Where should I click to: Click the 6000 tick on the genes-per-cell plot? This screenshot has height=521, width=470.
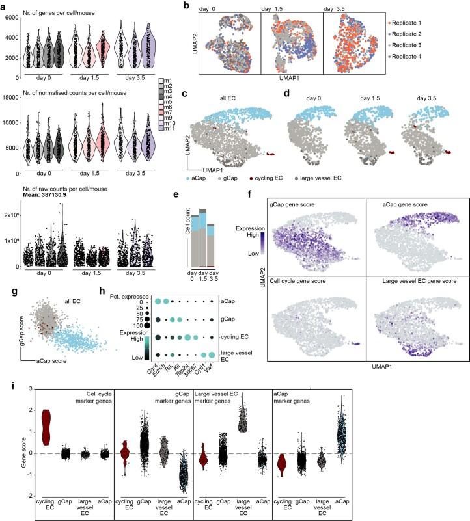coord(12,17)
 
